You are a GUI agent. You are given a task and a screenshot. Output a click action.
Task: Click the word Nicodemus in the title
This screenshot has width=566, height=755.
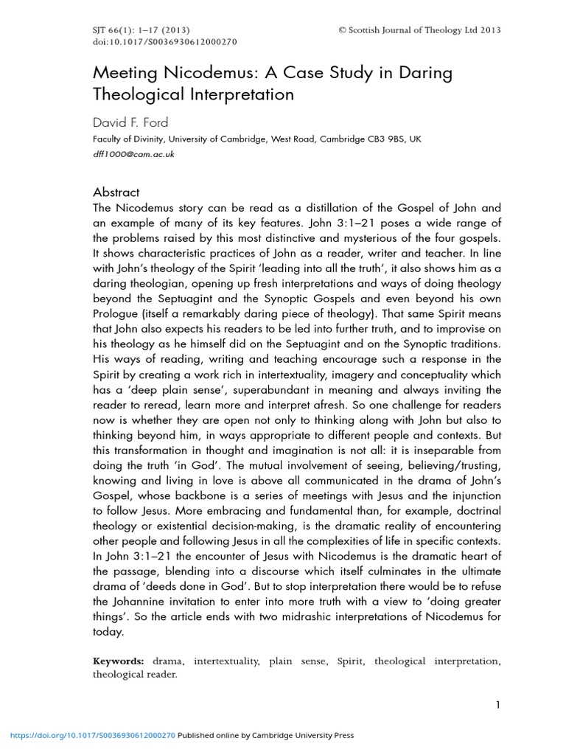pyautogui.click(x=197, y=74)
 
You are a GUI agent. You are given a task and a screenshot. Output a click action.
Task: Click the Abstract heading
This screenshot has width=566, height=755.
pyautogui.click(x=116, y=192)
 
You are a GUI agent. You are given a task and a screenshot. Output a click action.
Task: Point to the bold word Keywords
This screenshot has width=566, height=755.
pyautogui.click(x=119, y=661)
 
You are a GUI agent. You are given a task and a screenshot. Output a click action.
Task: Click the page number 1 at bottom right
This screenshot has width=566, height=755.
pyautogui.click(x=498, y=704)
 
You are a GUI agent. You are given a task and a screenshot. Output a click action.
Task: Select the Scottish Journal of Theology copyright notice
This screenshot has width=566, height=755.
pyautogui.click(x=419, y=29)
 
